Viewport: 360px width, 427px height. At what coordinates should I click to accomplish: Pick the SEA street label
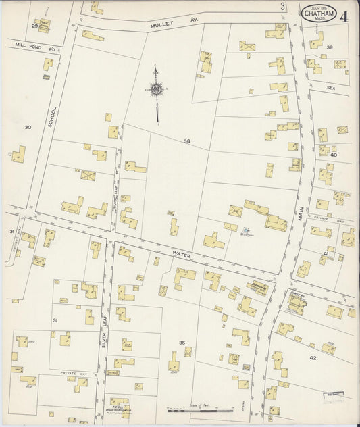tap(331, 87)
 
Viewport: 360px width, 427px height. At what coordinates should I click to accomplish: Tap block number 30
tap(27, 127)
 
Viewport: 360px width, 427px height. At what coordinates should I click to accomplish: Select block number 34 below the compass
tap(186, 141)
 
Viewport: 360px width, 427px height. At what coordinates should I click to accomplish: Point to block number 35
tap(182, 343)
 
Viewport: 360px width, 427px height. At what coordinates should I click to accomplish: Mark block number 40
tap(332, 155)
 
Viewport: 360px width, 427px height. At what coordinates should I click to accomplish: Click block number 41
tap(326, 253)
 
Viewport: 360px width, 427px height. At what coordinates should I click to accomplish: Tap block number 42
tap(313, 358)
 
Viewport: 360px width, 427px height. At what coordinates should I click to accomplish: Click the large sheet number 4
tap(346, 15)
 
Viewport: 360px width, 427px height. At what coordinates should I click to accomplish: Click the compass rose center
tap(156, 89)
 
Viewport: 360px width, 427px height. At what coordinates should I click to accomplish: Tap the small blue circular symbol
tap(244, 231)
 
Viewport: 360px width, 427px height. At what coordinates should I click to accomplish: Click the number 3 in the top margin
tap(282, 7)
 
